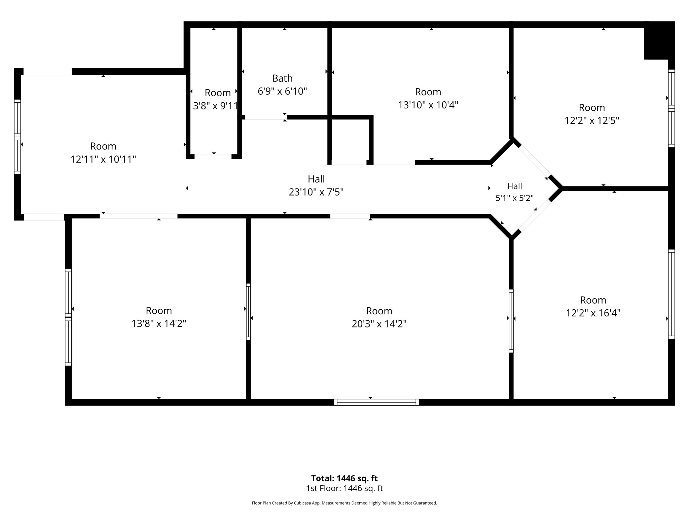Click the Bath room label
tap(282, 78)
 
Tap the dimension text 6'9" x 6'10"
tap(282, 91)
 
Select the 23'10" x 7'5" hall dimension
tap(316, 192)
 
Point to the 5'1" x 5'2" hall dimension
tap(514, 198)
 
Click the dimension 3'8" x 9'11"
tap(216, 106)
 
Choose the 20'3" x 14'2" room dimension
tap(379, 324)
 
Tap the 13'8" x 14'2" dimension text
tap(159, 323)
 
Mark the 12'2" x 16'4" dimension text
tap(593, 313)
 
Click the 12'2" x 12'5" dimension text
tap(592, 120)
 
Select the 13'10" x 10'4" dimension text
tap(428, 105)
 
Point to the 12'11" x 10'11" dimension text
tap(103, 159)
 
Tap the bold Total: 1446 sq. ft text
tap(344, 478)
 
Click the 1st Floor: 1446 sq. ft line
tap(344, 488)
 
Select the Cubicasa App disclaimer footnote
tap(344, 503)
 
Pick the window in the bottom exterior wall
tap(376, 402)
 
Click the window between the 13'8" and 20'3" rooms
tap(248, 312)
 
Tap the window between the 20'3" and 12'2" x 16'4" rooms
tap(511, 321)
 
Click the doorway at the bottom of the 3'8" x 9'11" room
tap(213, 157)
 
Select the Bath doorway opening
tap(264, 117)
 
